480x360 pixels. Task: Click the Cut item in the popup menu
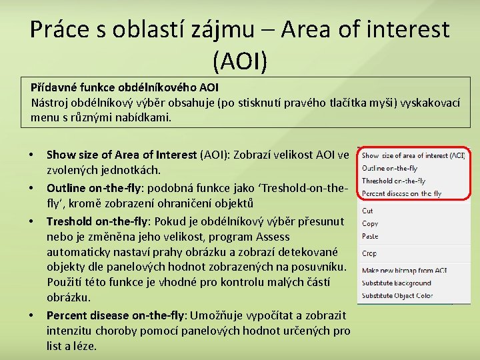367,211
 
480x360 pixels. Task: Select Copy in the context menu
370,223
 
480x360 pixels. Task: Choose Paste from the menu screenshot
370,236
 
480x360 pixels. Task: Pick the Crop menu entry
369,253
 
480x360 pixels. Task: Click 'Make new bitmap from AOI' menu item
404,270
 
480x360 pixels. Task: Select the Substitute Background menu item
397,283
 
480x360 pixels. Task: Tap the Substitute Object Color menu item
397,295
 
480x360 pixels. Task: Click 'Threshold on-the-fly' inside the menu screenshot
393,181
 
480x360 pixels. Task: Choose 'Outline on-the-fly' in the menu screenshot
389,168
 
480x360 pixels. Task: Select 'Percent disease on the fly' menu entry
401,193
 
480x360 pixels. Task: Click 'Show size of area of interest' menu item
413,155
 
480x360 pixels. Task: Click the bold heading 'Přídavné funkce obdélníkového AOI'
125,87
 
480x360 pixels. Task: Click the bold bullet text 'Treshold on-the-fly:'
101,221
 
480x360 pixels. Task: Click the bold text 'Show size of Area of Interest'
121,155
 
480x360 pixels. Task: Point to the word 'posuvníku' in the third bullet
322,267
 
